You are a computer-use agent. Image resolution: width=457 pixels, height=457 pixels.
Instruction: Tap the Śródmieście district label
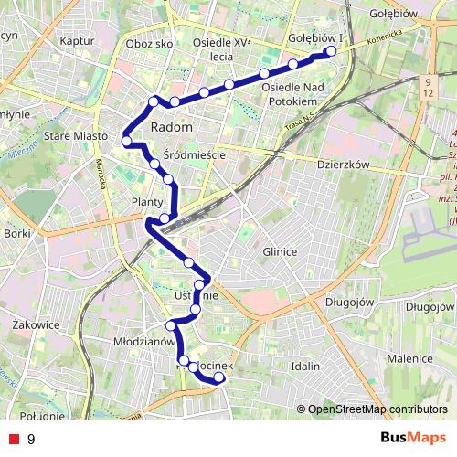tap(194, 154)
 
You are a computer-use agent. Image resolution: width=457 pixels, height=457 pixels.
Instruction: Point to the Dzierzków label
tap(343, 165)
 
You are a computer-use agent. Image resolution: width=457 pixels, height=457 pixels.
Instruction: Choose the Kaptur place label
tap(76, 41)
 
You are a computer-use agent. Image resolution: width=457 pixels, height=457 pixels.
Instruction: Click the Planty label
tap(147, 202)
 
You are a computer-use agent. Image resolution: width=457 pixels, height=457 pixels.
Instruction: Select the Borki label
tap(17, 234)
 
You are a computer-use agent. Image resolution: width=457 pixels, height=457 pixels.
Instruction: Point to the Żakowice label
tap(37, 324)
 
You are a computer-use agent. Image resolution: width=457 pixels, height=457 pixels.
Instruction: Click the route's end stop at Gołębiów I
tap(331, 51)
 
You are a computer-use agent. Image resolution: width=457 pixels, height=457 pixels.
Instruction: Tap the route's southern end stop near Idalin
tap(219, 377)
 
